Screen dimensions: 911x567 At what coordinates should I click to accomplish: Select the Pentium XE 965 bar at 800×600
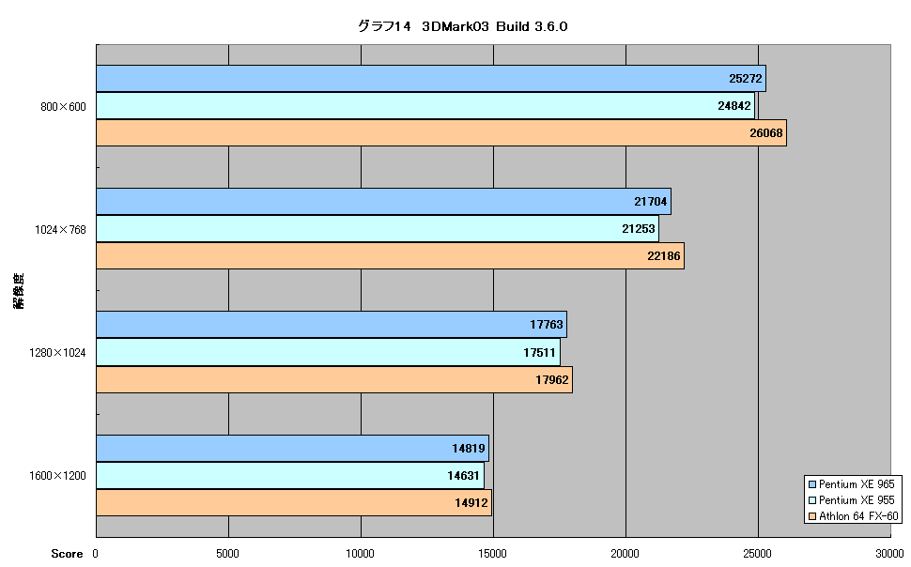[x=431, y=79]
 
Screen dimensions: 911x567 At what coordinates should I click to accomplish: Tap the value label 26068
[x=765, y=133]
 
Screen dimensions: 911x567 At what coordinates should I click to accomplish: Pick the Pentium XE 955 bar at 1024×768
[x=378, y=229]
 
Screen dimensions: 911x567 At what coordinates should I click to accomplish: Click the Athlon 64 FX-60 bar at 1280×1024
[x=334, y=380]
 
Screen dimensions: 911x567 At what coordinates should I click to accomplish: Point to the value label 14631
[x=463, y=476]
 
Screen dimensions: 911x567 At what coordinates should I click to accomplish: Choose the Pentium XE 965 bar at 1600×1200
[x=293, y=448]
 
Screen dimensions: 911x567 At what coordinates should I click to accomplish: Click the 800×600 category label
[x=63, y=107]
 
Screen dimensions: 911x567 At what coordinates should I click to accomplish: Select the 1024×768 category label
[x=60, y=230]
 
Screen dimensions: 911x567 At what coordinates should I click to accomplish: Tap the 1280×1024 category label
[x=57, y=353]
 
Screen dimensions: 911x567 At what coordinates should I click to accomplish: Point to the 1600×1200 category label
[x=57, y=476]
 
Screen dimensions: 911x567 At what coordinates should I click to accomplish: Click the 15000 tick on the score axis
[x=493, y=554]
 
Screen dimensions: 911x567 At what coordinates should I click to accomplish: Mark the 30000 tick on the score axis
[x=889, y=554]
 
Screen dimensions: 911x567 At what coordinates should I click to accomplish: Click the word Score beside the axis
[x=67, y=554]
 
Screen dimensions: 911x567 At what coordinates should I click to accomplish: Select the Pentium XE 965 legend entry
[x=852, y=484]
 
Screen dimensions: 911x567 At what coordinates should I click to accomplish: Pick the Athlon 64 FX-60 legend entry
[x=854, y=516]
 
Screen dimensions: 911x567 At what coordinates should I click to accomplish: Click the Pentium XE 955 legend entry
[x=852, y=500]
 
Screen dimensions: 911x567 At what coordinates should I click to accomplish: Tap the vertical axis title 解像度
[x=19, y=291]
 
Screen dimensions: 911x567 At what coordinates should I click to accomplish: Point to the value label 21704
[x=651, y=202]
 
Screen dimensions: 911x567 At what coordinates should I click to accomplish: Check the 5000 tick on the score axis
[x=227, y=554]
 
